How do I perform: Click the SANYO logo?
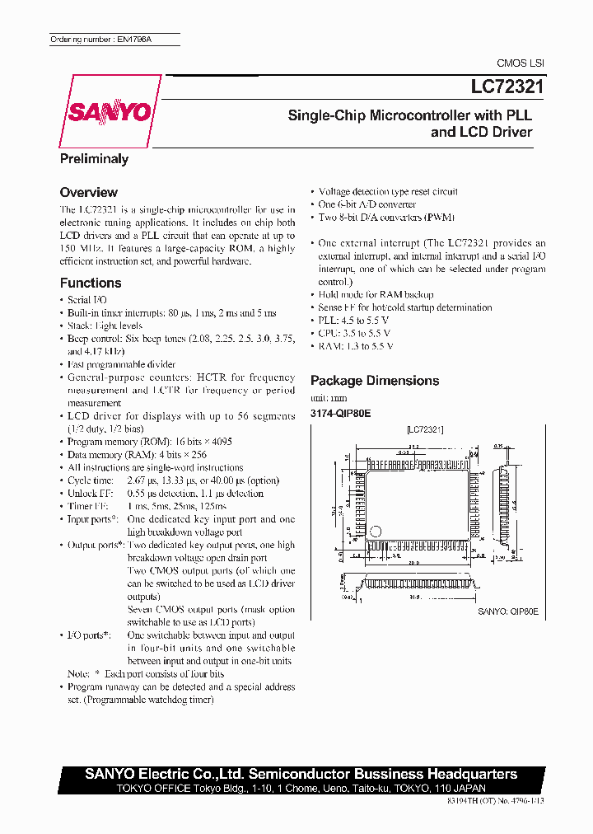click(x=109, y=110)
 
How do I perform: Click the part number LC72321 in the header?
click(x=502, y=86)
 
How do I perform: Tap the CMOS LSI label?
click(x=520, y=63)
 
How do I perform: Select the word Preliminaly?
click(x=94, y=159)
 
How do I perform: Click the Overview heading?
click(x=88, y=192)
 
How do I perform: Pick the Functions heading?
click(x=91, y=283)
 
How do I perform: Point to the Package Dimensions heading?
click(x=374, y=381)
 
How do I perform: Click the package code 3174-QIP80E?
click(x=340, y=412)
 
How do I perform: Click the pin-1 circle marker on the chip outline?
click(x=376, y=532)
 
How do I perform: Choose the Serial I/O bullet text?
click(x=87, y=300)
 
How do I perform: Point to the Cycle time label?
click(x=91, y=480)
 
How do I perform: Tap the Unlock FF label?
click(x=91, y=494)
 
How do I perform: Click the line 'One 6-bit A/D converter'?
click(x=367, y=204)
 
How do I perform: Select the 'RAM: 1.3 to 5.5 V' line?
click(x=356, y=346)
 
